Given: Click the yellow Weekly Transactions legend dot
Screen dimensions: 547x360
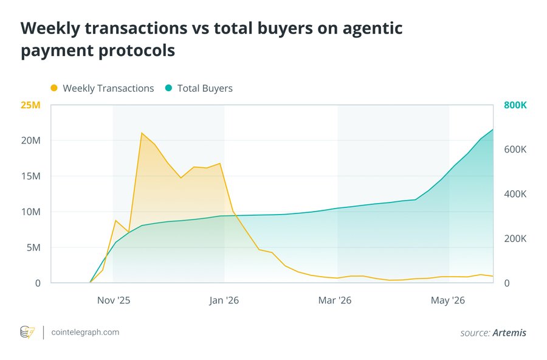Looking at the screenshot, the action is click(54, 88).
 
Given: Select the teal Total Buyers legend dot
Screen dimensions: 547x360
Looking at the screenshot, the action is click(168, 88).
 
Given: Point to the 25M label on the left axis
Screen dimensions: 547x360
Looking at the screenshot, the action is click(31, 105).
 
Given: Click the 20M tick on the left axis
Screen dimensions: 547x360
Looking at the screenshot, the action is click(31, 140).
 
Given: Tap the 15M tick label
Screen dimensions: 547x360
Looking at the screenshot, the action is click(31, 176).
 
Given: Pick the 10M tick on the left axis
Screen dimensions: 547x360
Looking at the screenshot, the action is click(31, 212).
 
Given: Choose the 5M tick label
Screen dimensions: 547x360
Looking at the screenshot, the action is click(33, 247).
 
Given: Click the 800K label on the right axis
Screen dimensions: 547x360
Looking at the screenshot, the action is click(515, 105).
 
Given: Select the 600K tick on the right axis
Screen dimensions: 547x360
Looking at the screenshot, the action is click(515, 150).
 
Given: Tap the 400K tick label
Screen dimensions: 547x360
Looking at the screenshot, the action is click(515, 194).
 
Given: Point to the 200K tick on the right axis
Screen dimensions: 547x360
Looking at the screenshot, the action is click(515, 239).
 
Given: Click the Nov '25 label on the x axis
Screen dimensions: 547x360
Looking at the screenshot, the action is click(114, 300).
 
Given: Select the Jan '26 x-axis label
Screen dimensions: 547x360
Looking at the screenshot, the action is click(224, 300).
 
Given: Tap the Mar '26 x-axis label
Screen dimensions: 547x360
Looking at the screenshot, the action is click(334, 300).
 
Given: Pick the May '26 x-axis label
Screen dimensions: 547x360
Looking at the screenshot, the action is click(447, 300).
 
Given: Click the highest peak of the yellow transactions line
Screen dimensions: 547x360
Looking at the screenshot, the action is click(141, 133).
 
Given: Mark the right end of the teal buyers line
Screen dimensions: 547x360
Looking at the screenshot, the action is click(493, 130).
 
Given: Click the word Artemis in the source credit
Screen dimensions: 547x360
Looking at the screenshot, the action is click(509, 333).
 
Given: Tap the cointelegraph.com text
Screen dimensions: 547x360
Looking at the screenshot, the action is click(85, 333).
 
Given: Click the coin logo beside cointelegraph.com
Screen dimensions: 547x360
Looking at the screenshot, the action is click(27, 333).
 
